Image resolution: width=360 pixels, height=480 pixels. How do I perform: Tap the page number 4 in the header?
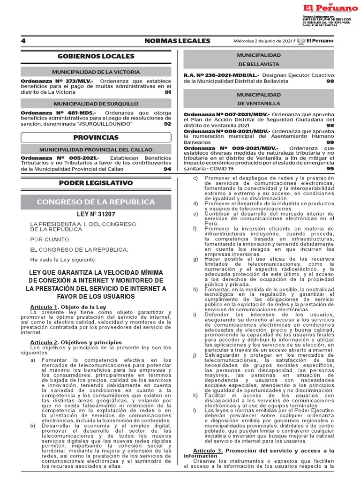click(23, 41)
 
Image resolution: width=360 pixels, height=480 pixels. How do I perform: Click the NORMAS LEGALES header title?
click(177, 41)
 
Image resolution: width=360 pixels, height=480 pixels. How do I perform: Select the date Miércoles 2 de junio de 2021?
click(262, 41)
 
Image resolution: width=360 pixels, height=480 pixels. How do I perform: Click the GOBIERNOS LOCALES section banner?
click(96, 56)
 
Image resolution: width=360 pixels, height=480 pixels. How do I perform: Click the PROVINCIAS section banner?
click(96, 137)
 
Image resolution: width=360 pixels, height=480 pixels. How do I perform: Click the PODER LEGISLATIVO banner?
click(96, 183)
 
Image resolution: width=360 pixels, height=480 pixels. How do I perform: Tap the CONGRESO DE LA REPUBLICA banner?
click(96, 202)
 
